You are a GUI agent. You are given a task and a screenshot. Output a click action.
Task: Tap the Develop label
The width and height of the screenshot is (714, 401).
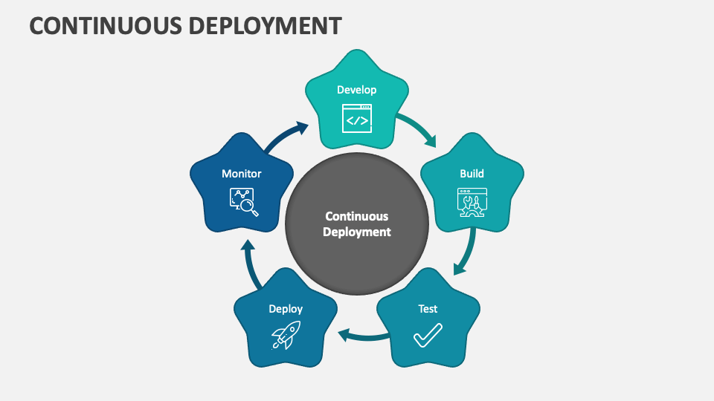point(357,90)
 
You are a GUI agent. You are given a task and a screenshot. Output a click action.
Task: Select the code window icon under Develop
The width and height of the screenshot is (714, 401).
point(357,118)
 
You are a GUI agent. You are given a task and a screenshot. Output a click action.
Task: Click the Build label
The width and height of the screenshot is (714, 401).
point(472,174)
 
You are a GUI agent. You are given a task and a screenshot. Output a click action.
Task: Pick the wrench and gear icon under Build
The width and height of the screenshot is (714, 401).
point(472,202)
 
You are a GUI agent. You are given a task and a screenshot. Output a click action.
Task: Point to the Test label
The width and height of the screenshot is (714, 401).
point(428,309)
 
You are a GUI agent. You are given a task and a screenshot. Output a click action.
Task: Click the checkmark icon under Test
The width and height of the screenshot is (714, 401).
point(428,336)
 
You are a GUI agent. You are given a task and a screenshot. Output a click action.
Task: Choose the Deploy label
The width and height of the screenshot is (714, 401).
point(286,309)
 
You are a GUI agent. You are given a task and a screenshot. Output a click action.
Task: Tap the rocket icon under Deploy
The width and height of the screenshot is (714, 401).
point(285,336)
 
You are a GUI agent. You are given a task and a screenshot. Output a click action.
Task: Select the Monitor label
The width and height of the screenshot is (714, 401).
point(242,174)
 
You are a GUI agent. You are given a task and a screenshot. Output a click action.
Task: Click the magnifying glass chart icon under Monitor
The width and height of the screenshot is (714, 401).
point(243,202)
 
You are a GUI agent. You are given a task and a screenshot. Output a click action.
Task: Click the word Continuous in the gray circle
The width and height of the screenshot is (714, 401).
point(356,217)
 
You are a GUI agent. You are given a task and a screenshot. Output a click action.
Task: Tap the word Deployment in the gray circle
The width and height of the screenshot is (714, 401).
point(356,232)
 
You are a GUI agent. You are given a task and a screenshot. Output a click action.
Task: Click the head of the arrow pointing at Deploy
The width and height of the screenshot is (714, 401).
point(344,336)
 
